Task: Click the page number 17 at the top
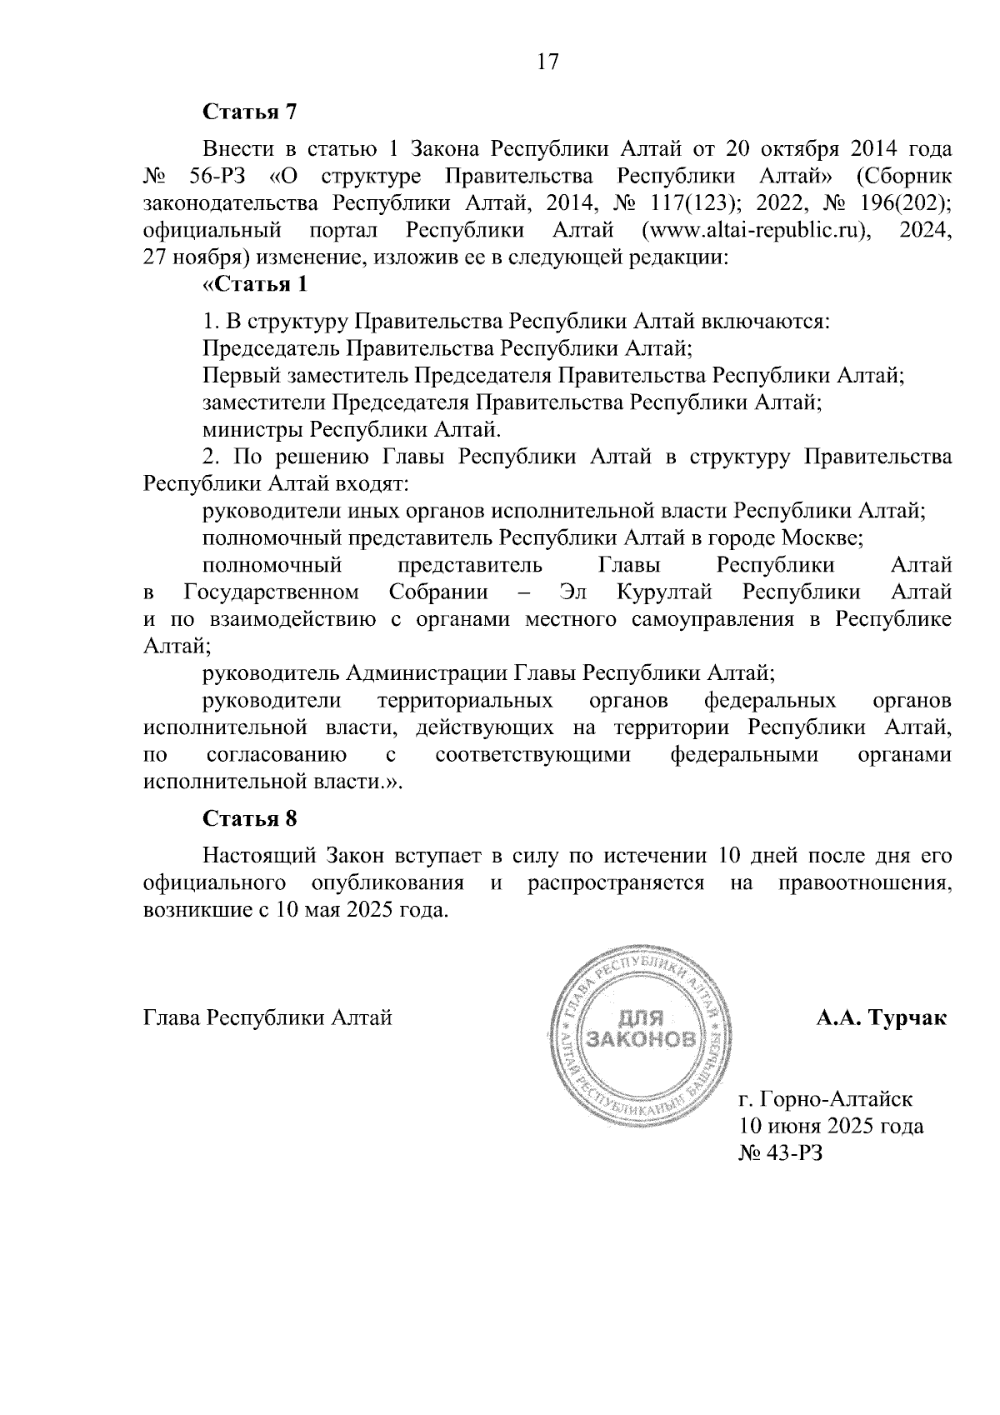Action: point(547,62)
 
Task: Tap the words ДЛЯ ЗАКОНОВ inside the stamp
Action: point(641,1028)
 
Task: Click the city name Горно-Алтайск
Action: point(831,1100)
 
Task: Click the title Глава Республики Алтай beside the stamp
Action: point(267,1018)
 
